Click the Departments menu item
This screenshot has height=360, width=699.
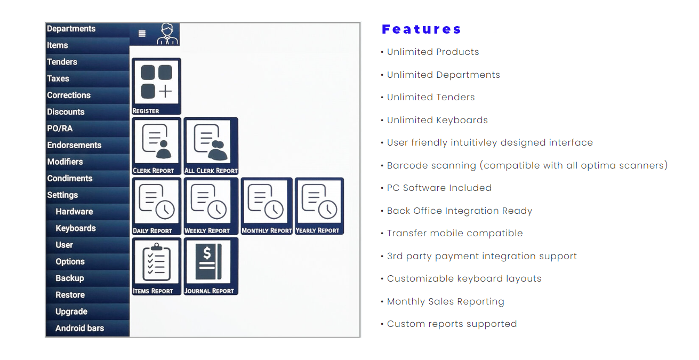coord(71,29)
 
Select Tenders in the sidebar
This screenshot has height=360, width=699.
coord(62,62)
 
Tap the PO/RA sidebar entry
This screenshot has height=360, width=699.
coord(60,129)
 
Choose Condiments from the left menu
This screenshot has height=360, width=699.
coord(70,178)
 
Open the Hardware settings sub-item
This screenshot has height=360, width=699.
coord(74,211)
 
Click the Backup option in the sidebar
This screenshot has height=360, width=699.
coord(70,278)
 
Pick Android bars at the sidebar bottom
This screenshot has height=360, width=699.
coord(79,328)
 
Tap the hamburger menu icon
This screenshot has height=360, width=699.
coord(142,34)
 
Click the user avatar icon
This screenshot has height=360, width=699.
coord(167,34)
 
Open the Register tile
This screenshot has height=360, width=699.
coord(156,86)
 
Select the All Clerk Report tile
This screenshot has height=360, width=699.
coord(211,146)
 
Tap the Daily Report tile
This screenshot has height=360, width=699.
coord(156,206)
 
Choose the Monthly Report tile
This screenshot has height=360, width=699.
coord(267,206)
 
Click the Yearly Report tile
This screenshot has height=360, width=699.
coord(319,206)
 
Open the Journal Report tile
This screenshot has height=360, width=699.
coord(211,266)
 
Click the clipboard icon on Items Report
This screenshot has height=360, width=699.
coord(156,262)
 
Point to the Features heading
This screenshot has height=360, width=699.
coord(421,29)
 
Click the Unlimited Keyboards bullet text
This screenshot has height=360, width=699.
coord(437,120)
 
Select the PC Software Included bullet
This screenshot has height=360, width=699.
coord(439,188)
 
